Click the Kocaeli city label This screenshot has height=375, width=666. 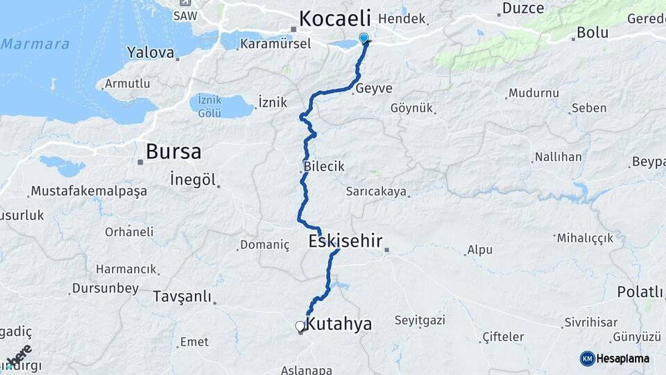[x=335, y=18]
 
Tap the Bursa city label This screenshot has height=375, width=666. [x=173, y=151]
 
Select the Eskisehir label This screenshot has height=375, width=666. [x=345, y=241]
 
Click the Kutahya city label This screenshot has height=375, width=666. [x=339, y=324]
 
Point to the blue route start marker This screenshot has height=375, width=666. [x=364, y=39]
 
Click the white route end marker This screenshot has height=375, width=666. [x=300, y=326]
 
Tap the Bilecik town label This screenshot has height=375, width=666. [x=323, y=167]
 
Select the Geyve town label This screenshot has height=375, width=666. [x=373, y=88]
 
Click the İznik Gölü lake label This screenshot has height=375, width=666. [x=210, y=106]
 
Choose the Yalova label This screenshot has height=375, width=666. [x=151, y=52]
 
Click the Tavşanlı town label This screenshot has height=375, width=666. [x=182, y=297]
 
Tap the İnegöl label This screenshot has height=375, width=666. [x=191, y=180]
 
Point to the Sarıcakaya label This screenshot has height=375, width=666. [x=377, y=192]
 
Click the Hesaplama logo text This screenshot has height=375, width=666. [x=623, y=358]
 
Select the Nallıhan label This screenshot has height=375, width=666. [x=558, y=157]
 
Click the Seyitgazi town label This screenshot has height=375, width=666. [x=418, y=321]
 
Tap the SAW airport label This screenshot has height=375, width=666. [x=185, y=15]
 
